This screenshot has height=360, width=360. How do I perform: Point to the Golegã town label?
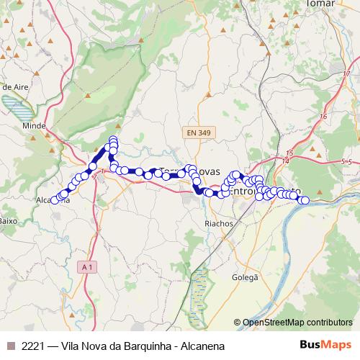[x=246, y=276]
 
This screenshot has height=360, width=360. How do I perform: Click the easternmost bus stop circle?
[x=305, y=201]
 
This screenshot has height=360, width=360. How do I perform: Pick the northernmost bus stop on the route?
[x=113, y=140]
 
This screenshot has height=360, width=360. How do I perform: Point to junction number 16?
[x=323, y=116]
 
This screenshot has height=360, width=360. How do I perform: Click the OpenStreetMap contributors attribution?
[x=293, y=323]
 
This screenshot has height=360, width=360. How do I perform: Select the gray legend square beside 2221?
[x=10, y=346]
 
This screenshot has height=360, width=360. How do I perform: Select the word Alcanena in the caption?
[x=200, y=346]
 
